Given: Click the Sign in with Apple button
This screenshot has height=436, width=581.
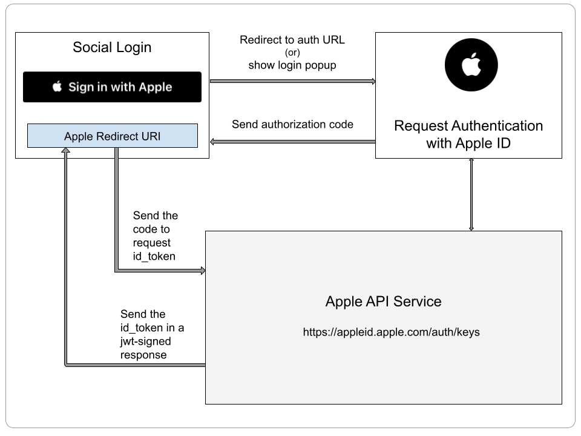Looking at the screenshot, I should [x=112, y=87].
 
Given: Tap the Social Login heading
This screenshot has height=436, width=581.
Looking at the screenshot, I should [x=112, y=47].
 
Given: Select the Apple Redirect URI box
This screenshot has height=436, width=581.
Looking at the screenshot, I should [x=112, y=136].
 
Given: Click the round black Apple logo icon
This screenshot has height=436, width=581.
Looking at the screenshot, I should [x=471, y=64].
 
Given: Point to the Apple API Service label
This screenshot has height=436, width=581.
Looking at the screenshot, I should [x=383, y=302].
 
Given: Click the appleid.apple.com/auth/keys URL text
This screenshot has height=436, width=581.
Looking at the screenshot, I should [x=391, y=332].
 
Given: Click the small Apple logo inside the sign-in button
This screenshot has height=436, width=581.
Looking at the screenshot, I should [x=57, y=87].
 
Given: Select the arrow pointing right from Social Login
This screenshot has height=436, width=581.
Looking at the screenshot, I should [x=292, y=81].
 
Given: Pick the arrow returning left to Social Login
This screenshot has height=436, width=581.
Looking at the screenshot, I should [x=292, y=142].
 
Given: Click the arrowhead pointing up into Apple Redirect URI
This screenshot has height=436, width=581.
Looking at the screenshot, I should [x=65, y=151].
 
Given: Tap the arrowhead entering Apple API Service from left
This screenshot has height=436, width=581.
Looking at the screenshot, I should [x=202, y=271].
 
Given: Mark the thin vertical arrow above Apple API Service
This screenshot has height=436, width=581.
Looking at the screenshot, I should [x=471, y=194].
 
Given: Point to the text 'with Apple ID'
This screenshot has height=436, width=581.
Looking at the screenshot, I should [x=468, y=144].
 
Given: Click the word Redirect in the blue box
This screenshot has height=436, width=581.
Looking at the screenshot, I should [x=119, y=136].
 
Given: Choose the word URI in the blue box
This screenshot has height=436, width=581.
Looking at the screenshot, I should [x=151, y=136].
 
